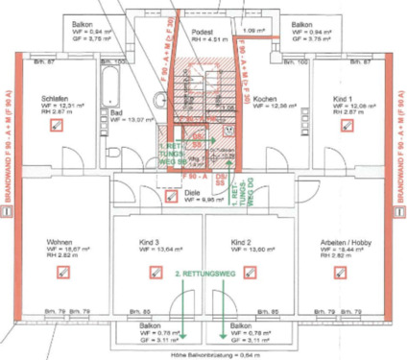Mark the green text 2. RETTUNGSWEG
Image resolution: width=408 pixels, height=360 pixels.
pyautogui.click(x=204, y=276)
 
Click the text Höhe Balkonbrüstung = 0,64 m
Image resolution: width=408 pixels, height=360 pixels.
pyautogui.click(x=204, y=354)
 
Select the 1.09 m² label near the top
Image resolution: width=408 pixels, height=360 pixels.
pyautogui.click(x=254, y=31)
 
